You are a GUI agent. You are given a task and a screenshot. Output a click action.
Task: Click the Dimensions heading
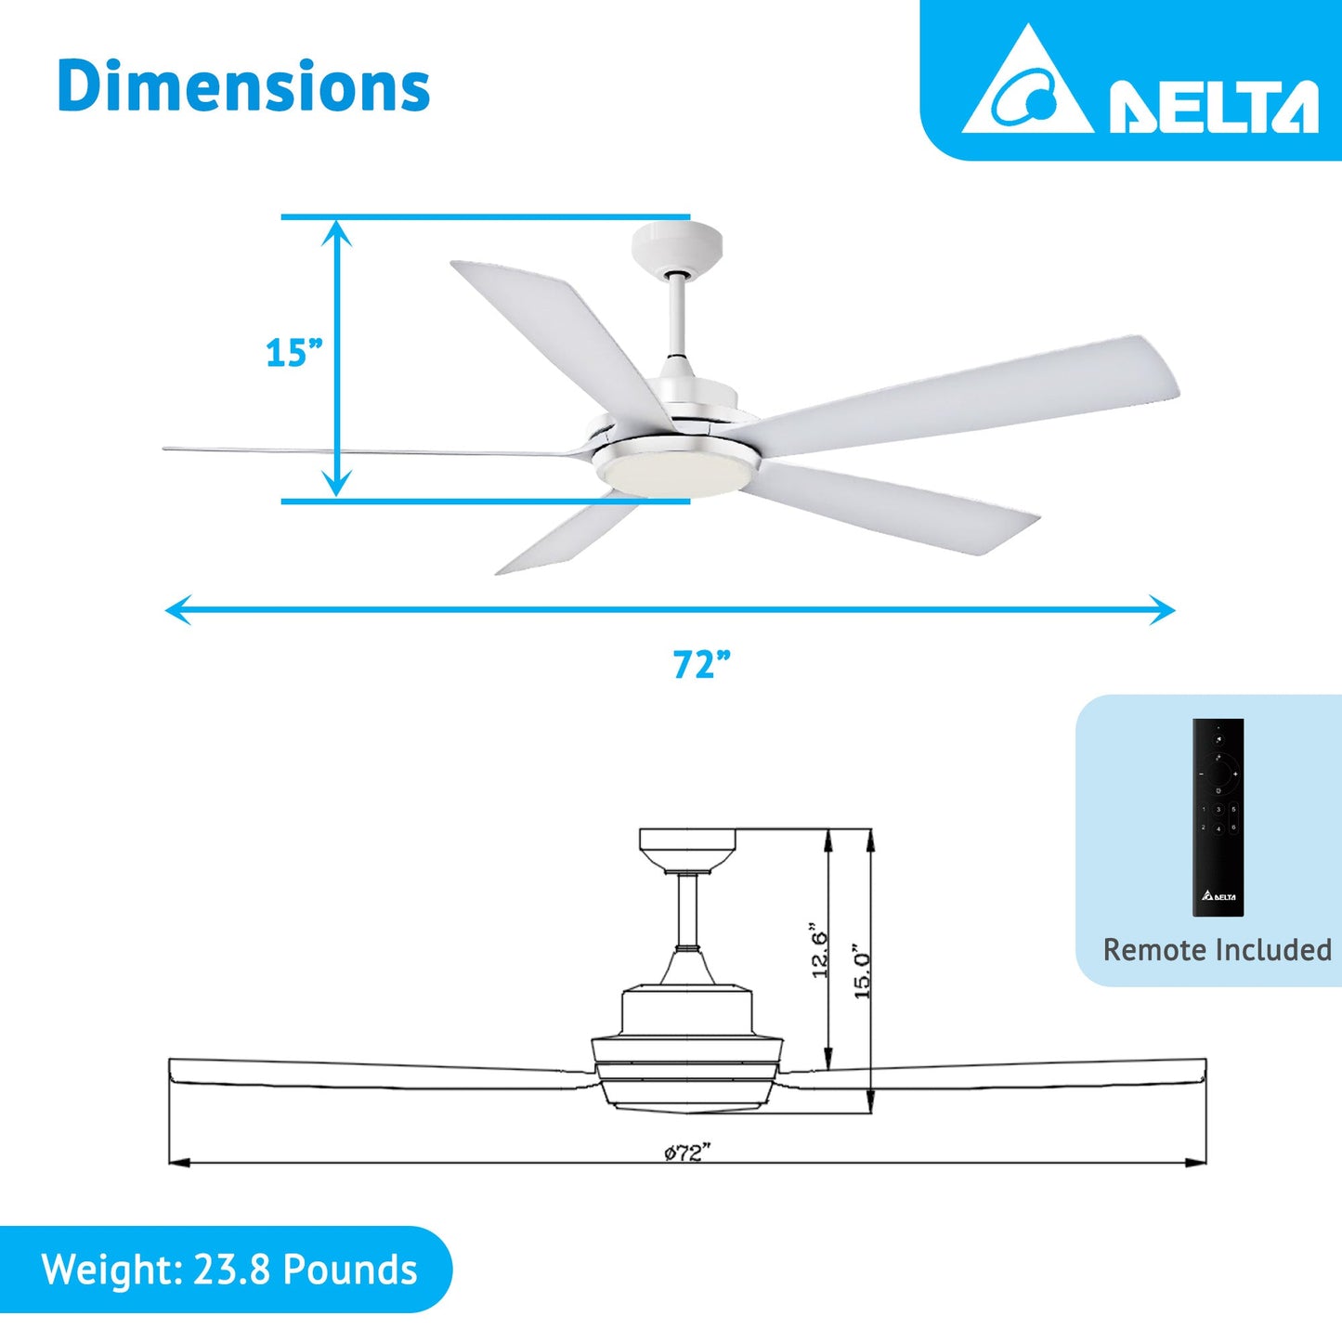point(243,86)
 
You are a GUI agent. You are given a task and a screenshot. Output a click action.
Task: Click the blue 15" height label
point(293,354)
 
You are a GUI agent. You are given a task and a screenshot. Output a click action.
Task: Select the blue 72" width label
point(701,665)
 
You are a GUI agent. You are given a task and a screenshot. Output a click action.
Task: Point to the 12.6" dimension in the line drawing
point(819,949)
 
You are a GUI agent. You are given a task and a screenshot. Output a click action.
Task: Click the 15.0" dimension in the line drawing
point(862,973)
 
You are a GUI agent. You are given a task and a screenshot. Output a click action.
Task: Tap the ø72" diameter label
point(687,1153)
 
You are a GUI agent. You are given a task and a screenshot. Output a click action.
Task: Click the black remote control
point(1218,817)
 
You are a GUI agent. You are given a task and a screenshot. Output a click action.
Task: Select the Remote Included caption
point(1217,950)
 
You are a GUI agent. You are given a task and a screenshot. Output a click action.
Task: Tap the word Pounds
point(350,1270)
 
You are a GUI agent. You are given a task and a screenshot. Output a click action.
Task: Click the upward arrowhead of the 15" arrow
point(336,232)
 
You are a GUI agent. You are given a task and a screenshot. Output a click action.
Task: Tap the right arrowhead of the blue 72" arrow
point(1165,610)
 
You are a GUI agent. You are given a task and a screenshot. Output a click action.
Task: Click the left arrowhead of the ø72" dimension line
point(179,1162)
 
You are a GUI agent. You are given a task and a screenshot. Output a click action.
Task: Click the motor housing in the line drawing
point(686,1012)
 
